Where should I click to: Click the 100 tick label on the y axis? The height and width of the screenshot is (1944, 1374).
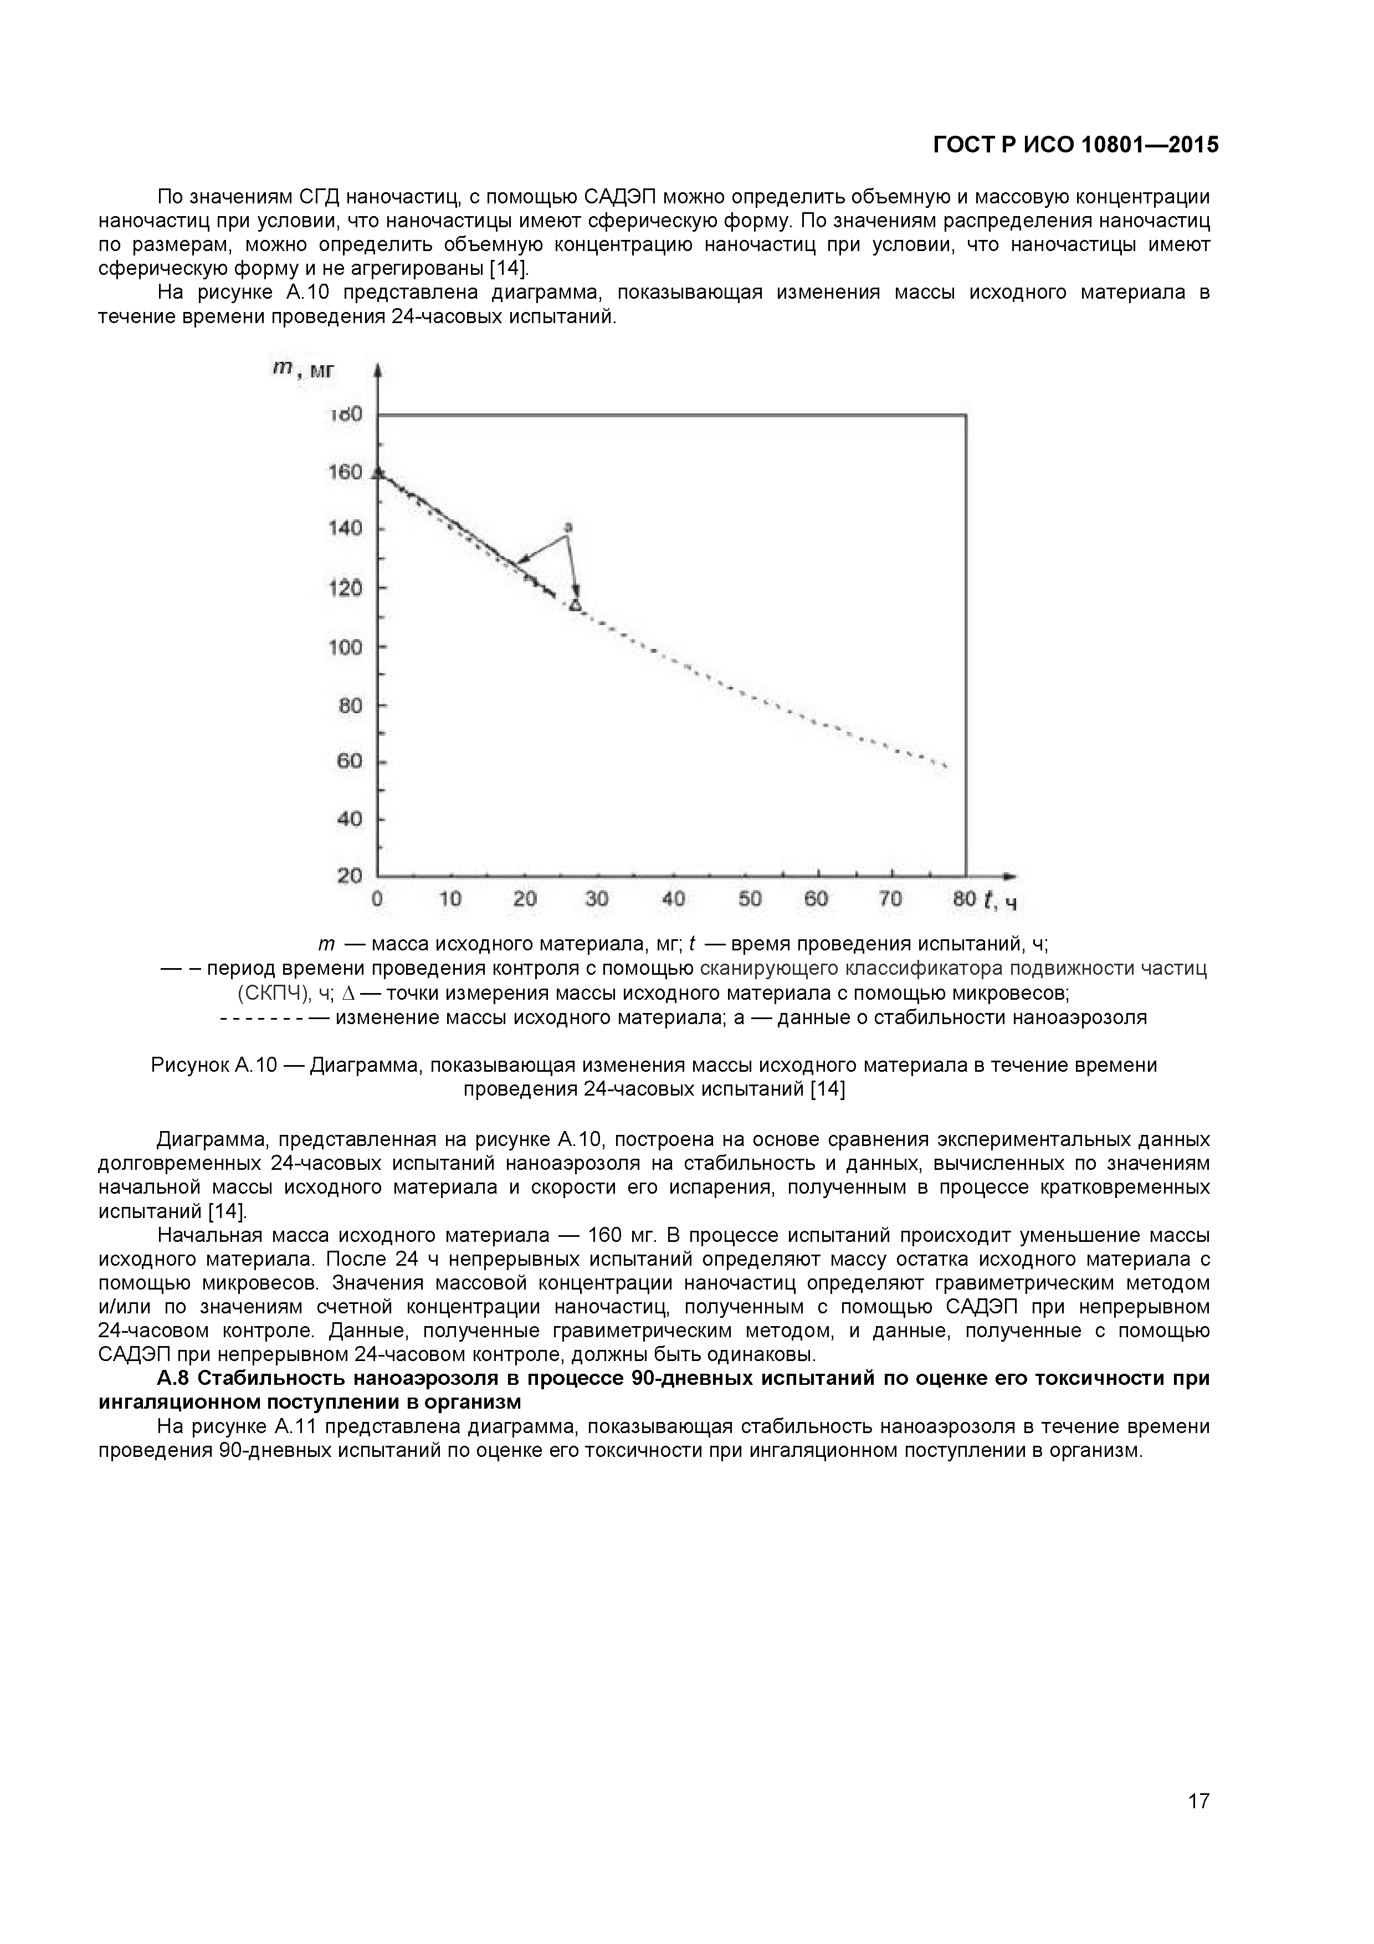coord(345,648)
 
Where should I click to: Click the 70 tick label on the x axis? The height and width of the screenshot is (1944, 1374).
coord(890,899)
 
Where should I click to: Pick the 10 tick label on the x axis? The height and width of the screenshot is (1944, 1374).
coord(450,899)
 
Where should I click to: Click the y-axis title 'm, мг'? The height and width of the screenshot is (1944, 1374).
coord(303,371)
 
